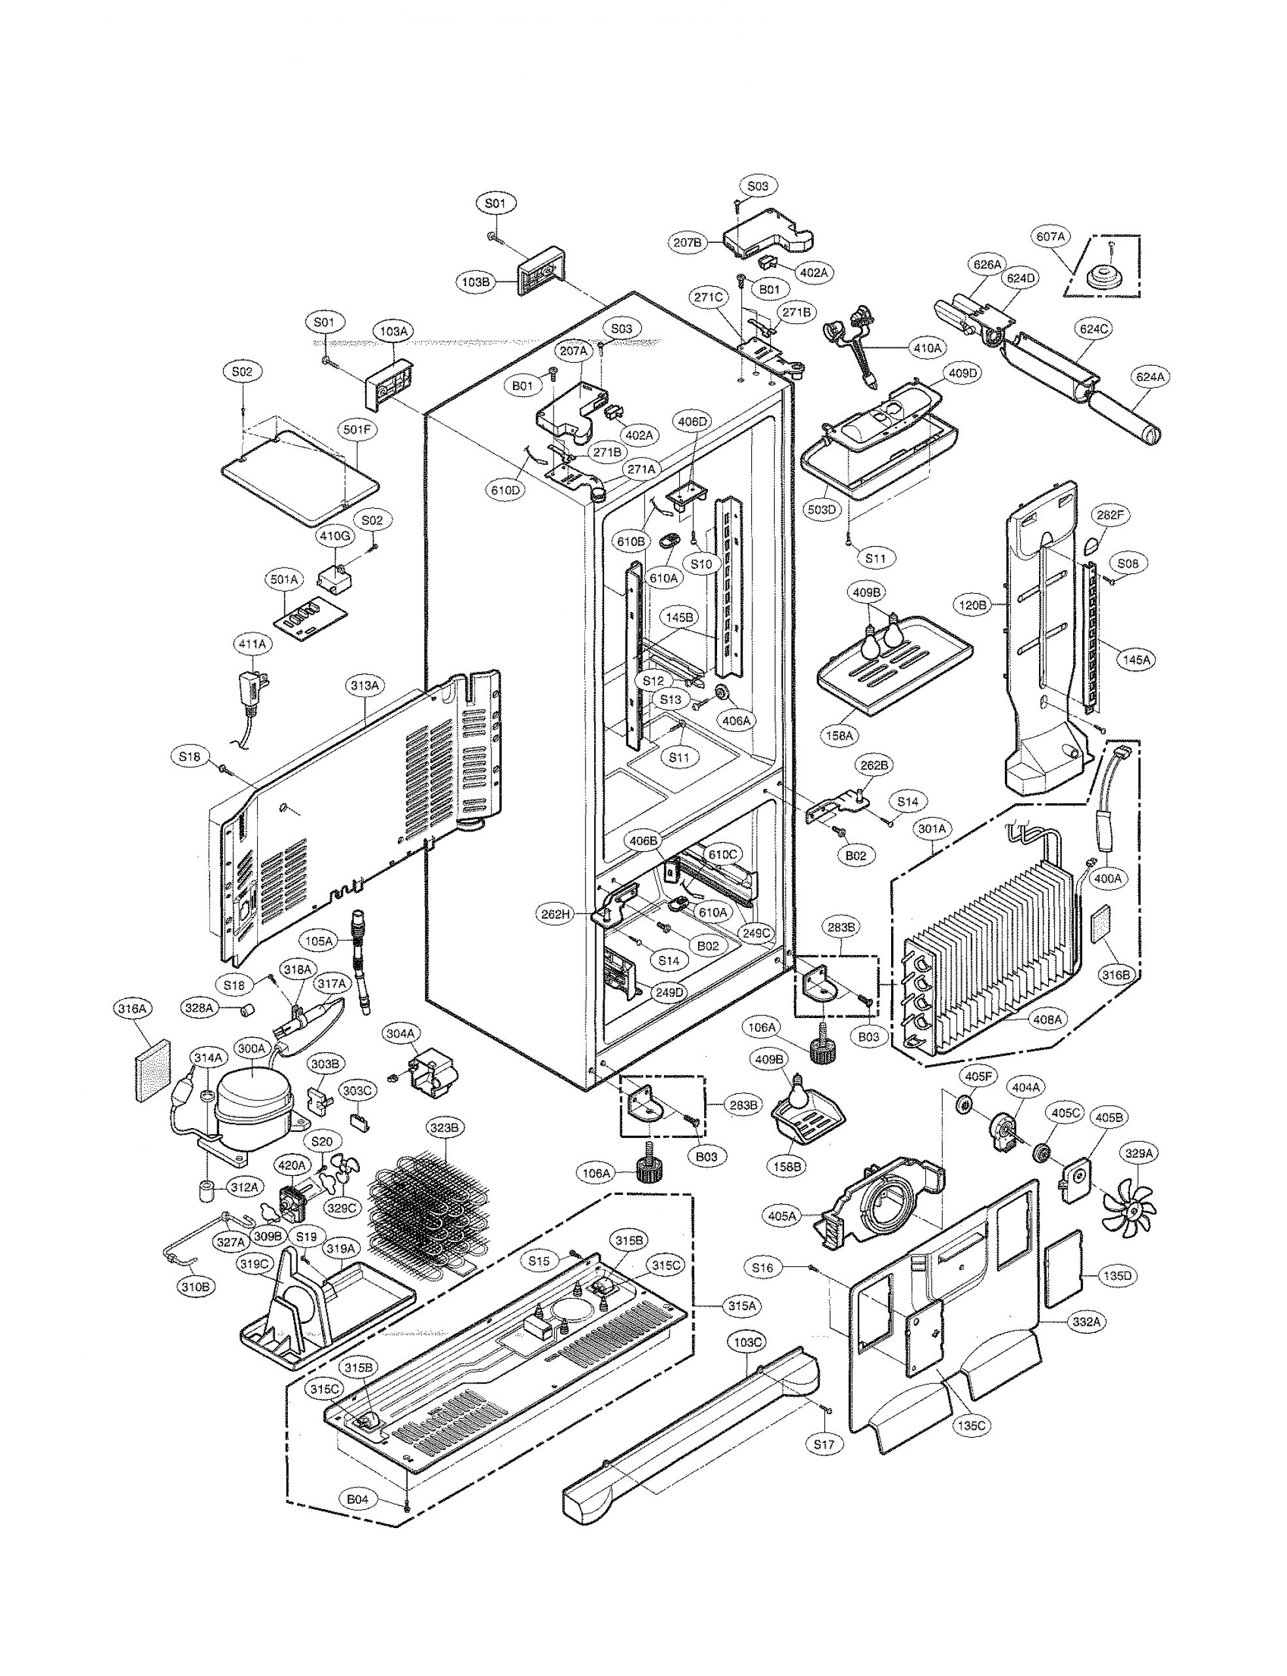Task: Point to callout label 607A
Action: click(x=1051, y=237)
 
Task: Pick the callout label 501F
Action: click(x=356, y=430)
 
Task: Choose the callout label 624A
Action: click(x=1150, y=376)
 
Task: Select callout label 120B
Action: click(x=973, y=605)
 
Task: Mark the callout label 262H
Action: click(x=556, y=913)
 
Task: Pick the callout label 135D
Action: click(x=1116, y=1276)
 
